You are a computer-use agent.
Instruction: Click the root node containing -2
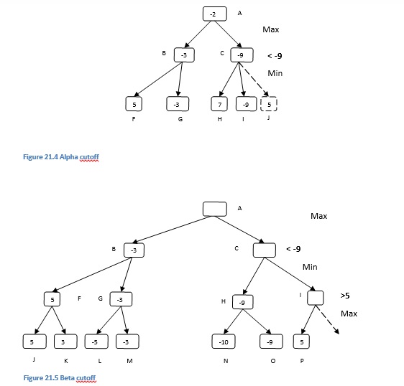click(x=214, y=14)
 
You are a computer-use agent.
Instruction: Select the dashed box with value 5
click(x=268, y=103)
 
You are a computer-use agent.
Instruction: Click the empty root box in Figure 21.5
click(x=214, y=208)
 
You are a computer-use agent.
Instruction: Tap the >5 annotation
click(x=346, y=296)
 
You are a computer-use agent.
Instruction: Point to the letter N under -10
click(x=226, y=361)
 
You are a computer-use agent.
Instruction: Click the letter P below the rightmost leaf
click(x=302, y=361)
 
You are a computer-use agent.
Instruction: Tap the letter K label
click(x=66, y=361)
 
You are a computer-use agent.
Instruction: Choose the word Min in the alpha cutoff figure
click(x=275, y=73)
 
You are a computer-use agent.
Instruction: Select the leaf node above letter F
click(x=132, y=103)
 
